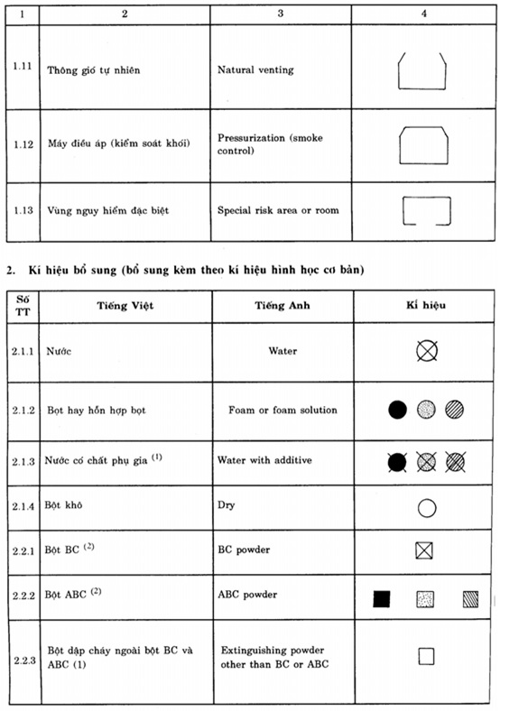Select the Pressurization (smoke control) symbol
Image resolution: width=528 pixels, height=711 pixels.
coord(421,143)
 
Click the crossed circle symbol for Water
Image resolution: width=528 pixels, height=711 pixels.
coord(426,350)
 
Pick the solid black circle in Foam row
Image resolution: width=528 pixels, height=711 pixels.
coord(397,410)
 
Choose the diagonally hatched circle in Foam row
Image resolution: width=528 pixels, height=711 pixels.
coord(457,410)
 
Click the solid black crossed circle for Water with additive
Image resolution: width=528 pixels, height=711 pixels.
coord(397,461)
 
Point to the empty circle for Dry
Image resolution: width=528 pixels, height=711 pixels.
coord(427,508)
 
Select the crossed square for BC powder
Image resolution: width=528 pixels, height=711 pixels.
coord(427,550)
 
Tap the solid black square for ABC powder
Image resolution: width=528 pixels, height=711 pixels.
coord(381,597)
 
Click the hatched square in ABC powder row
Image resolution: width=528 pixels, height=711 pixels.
coord(470,597)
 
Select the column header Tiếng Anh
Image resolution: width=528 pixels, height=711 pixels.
coord(282,305)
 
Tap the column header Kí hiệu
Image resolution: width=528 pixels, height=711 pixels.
coord(427,305)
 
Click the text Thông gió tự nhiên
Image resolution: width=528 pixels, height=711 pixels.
coord(93,69)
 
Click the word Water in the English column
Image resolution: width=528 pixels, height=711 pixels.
coord(283,350)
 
